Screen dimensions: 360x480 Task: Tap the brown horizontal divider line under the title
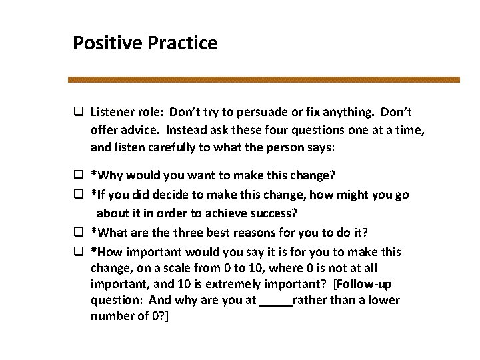pyautogui.click(x=264, y=79)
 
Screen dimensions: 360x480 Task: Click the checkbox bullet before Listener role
pyautogui.click(x=78, y=113)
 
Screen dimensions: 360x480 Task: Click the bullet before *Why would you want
pyautogui.click(x=78, y=176)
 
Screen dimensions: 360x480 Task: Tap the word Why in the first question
pyautogui.click(x=108, y=176)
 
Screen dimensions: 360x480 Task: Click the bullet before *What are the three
pyautogui.click(x=78, y=233)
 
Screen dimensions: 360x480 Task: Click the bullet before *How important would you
pyautogui.click(x=78, y=252)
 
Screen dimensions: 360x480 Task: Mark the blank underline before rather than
pyautogui.click(x=275, y=301)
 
